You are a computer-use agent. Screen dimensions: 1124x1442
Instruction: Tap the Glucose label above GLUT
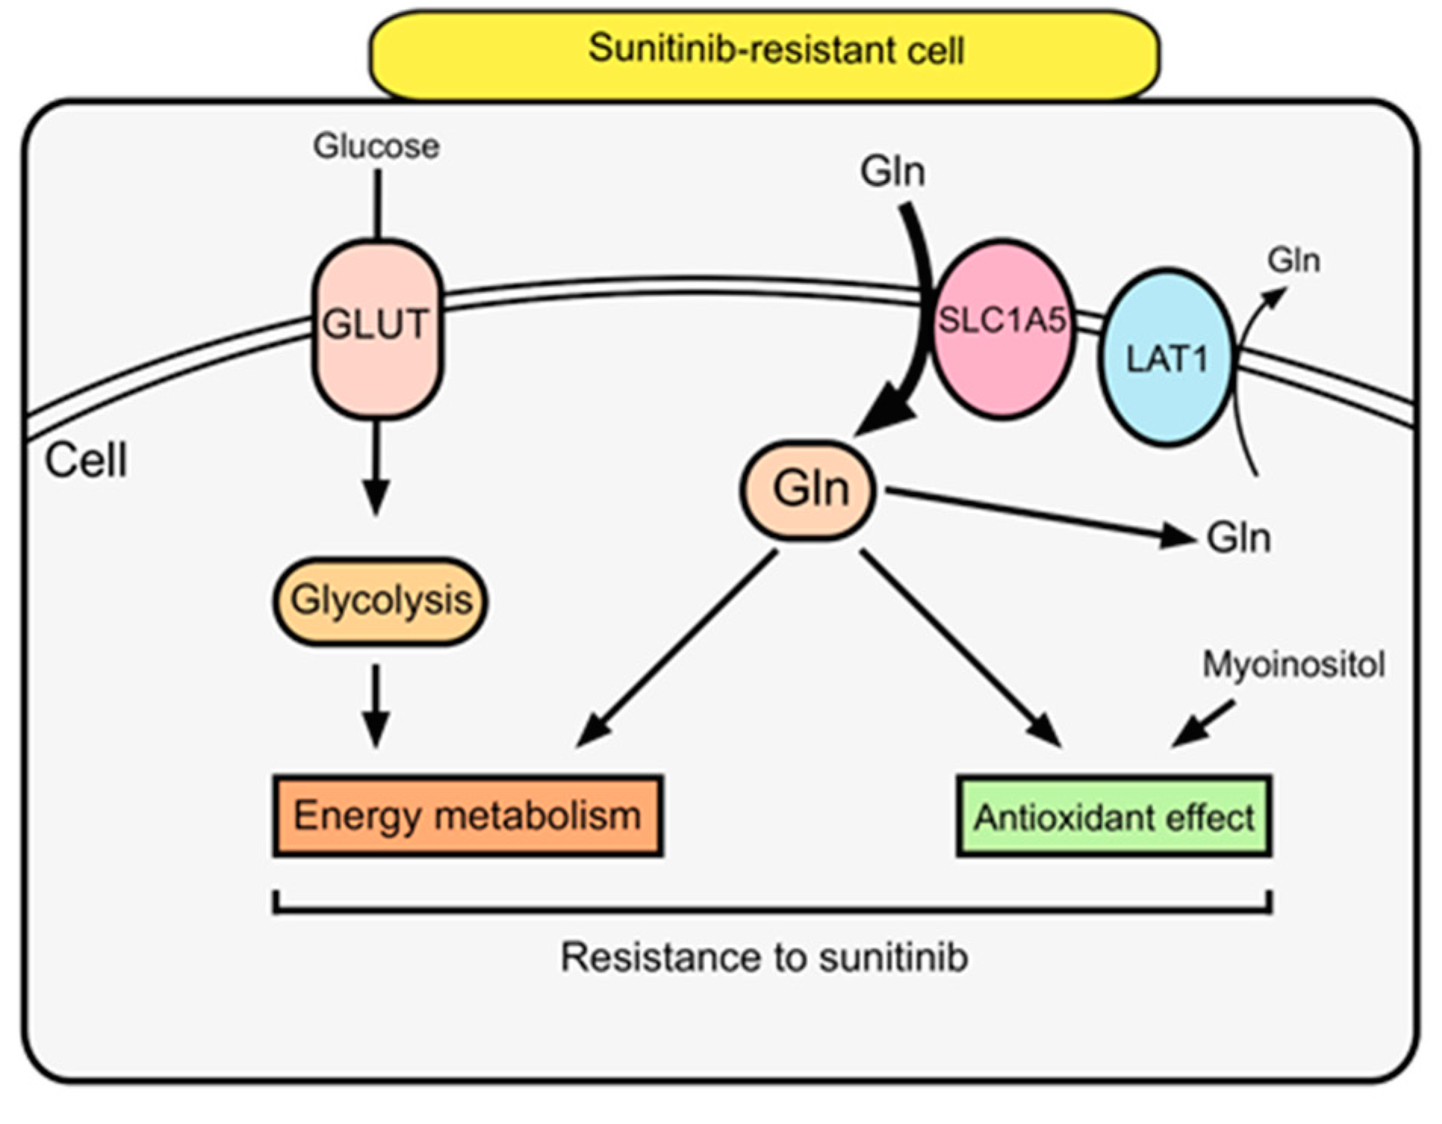376,146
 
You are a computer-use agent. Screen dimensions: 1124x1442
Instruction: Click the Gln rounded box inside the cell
808,489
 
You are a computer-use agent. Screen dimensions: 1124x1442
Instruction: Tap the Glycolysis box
381,601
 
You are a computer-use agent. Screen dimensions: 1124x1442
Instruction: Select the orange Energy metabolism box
468,815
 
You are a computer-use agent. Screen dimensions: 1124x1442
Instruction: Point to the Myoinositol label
1293,664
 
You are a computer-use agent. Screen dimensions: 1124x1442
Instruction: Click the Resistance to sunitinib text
764,957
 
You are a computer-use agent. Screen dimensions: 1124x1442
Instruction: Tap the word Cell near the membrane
85,460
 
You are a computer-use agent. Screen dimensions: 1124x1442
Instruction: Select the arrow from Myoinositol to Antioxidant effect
1204,723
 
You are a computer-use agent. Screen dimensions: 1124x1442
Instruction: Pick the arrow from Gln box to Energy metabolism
677,647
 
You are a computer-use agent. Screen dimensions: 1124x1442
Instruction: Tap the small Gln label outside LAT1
1294,261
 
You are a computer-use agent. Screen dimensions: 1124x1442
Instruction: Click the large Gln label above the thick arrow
892,171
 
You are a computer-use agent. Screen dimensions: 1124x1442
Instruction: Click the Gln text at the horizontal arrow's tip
1238,539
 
